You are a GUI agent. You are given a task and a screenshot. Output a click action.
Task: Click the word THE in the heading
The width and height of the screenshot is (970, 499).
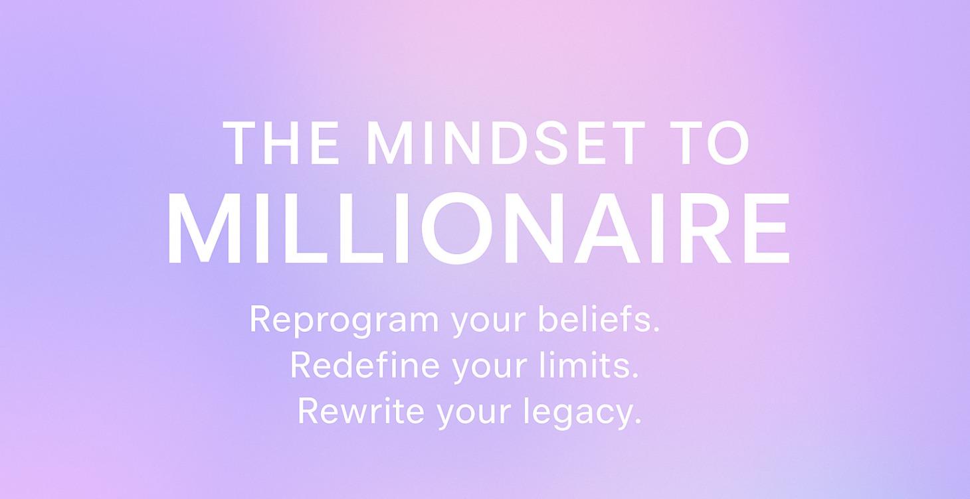click(282, 143)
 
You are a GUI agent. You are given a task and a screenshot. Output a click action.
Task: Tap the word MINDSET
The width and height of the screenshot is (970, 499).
click(506, 143)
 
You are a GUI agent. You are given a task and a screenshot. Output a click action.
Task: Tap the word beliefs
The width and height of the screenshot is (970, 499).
click(598, 319)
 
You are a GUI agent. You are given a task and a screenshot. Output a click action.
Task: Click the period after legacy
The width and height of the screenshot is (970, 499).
click(638, 422)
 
